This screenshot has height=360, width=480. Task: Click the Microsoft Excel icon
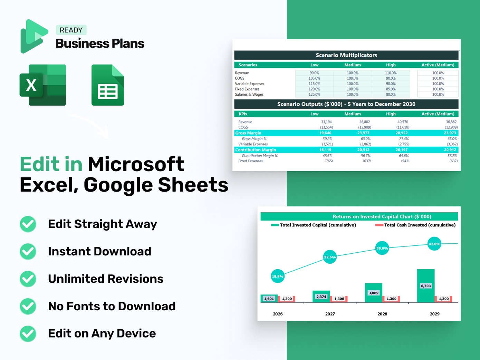tap(43, 85)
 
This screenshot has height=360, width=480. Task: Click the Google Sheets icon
tap(108, 85)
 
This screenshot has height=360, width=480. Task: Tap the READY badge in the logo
tap(71, 30)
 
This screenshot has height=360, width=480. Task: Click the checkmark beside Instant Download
tap(28, 252)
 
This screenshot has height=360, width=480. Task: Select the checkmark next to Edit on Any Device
tap(28, 334)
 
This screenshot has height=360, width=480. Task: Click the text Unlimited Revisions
tap(106, 279)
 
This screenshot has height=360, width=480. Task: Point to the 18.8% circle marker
tap(278, 276)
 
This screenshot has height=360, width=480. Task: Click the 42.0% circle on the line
tap(434, 244)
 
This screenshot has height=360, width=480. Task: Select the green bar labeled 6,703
tap(426, 286)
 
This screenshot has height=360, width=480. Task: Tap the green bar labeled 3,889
tap(373, 293)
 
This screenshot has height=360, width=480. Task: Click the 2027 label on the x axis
tap(330, 314)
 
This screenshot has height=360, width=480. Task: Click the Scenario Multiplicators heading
tap(346, 55)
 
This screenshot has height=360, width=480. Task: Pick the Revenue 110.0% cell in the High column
tap(391, 73)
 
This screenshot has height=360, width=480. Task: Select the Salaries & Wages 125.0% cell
tap(314, 95)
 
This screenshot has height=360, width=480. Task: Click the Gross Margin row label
tap(248, 133)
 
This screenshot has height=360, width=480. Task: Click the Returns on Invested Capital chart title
tap(382, 216)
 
